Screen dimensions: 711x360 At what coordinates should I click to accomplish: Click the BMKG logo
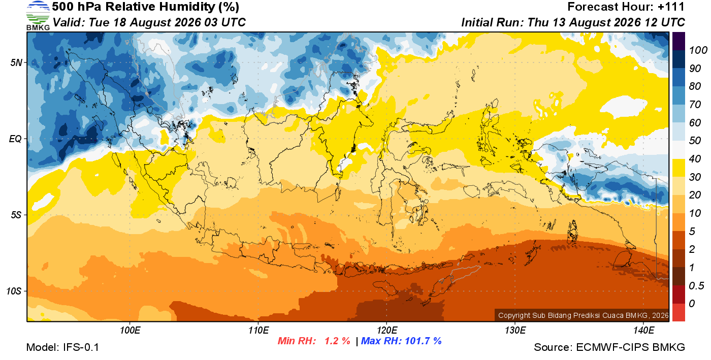(38, 16)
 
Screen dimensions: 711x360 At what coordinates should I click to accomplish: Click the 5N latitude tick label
(16, 62)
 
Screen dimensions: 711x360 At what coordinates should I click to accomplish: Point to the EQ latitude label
(16, 139)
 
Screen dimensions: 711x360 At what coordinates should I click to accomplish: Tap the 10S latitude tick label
(14, 291)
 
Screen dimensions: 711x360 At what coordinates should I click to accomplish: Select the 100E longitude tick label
(130, 330)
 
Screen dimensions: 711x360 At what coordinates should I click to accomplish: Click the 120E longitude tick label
(387, 330)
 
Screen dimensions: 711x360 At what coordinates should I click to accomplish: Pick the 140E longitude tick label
(644, 330)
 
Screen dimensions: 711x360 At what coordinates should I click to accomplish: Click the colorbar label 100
(698, 50)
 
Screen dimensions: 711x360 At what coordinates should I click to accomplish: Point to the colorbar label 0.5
(696, 286)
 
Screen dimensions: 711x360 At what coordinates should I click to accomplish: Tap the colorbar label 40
(695, 159)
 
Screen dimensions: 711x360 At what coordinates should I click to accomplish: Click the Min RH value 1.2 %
(337, 341)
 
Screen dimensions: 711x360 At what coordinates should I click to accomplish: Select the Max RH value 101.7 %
(423, 341)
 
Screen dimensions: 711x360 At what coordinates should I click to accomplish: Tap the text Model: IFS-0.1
(62, 347)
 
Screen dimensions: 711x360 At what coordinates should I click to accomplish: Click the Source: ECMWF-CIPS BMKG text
(609, 347)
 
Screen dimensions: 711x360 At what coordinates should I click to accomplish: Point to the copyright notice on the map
(583, 315)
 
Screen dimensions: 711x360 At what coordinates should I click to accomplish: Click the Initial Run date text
(573, 22)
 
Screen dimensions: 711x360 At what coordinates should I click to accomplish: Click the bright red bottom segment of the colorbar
(678, 312)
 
